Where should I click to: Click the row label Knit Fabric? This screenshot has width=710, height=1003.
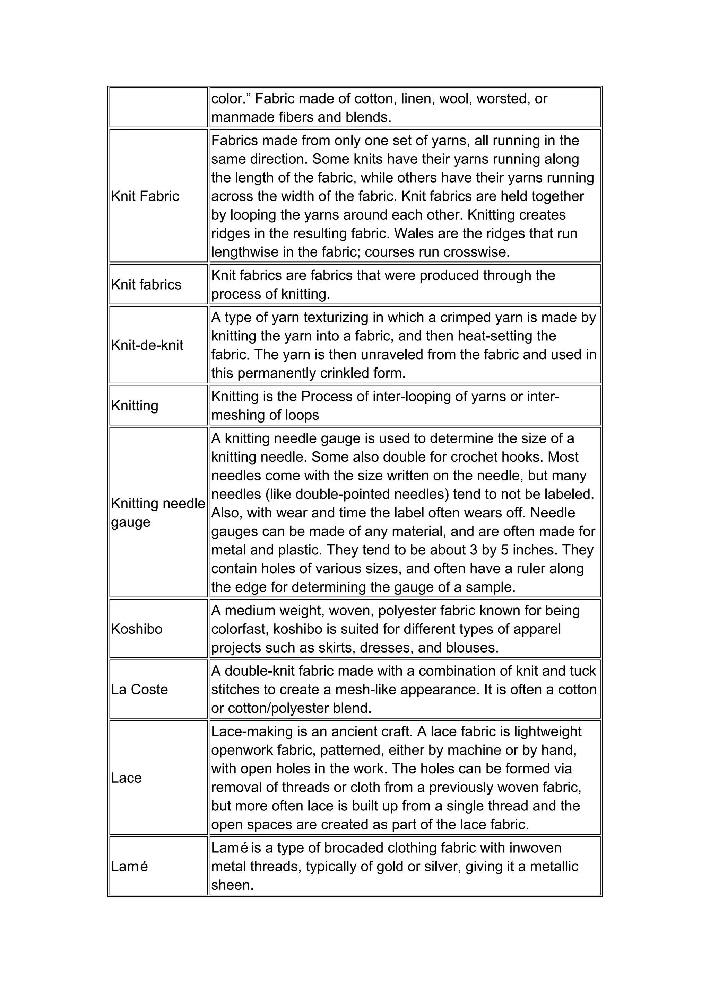[x=145, y=196]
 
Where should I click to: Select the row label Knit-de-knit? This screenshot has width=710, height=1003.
[x=147, y=345]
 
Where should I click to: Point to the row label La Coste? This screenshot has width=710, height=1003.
[x=139, y=689]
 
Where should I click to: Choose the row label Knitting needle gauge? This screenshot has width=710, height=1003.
[x=158, y=513]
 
